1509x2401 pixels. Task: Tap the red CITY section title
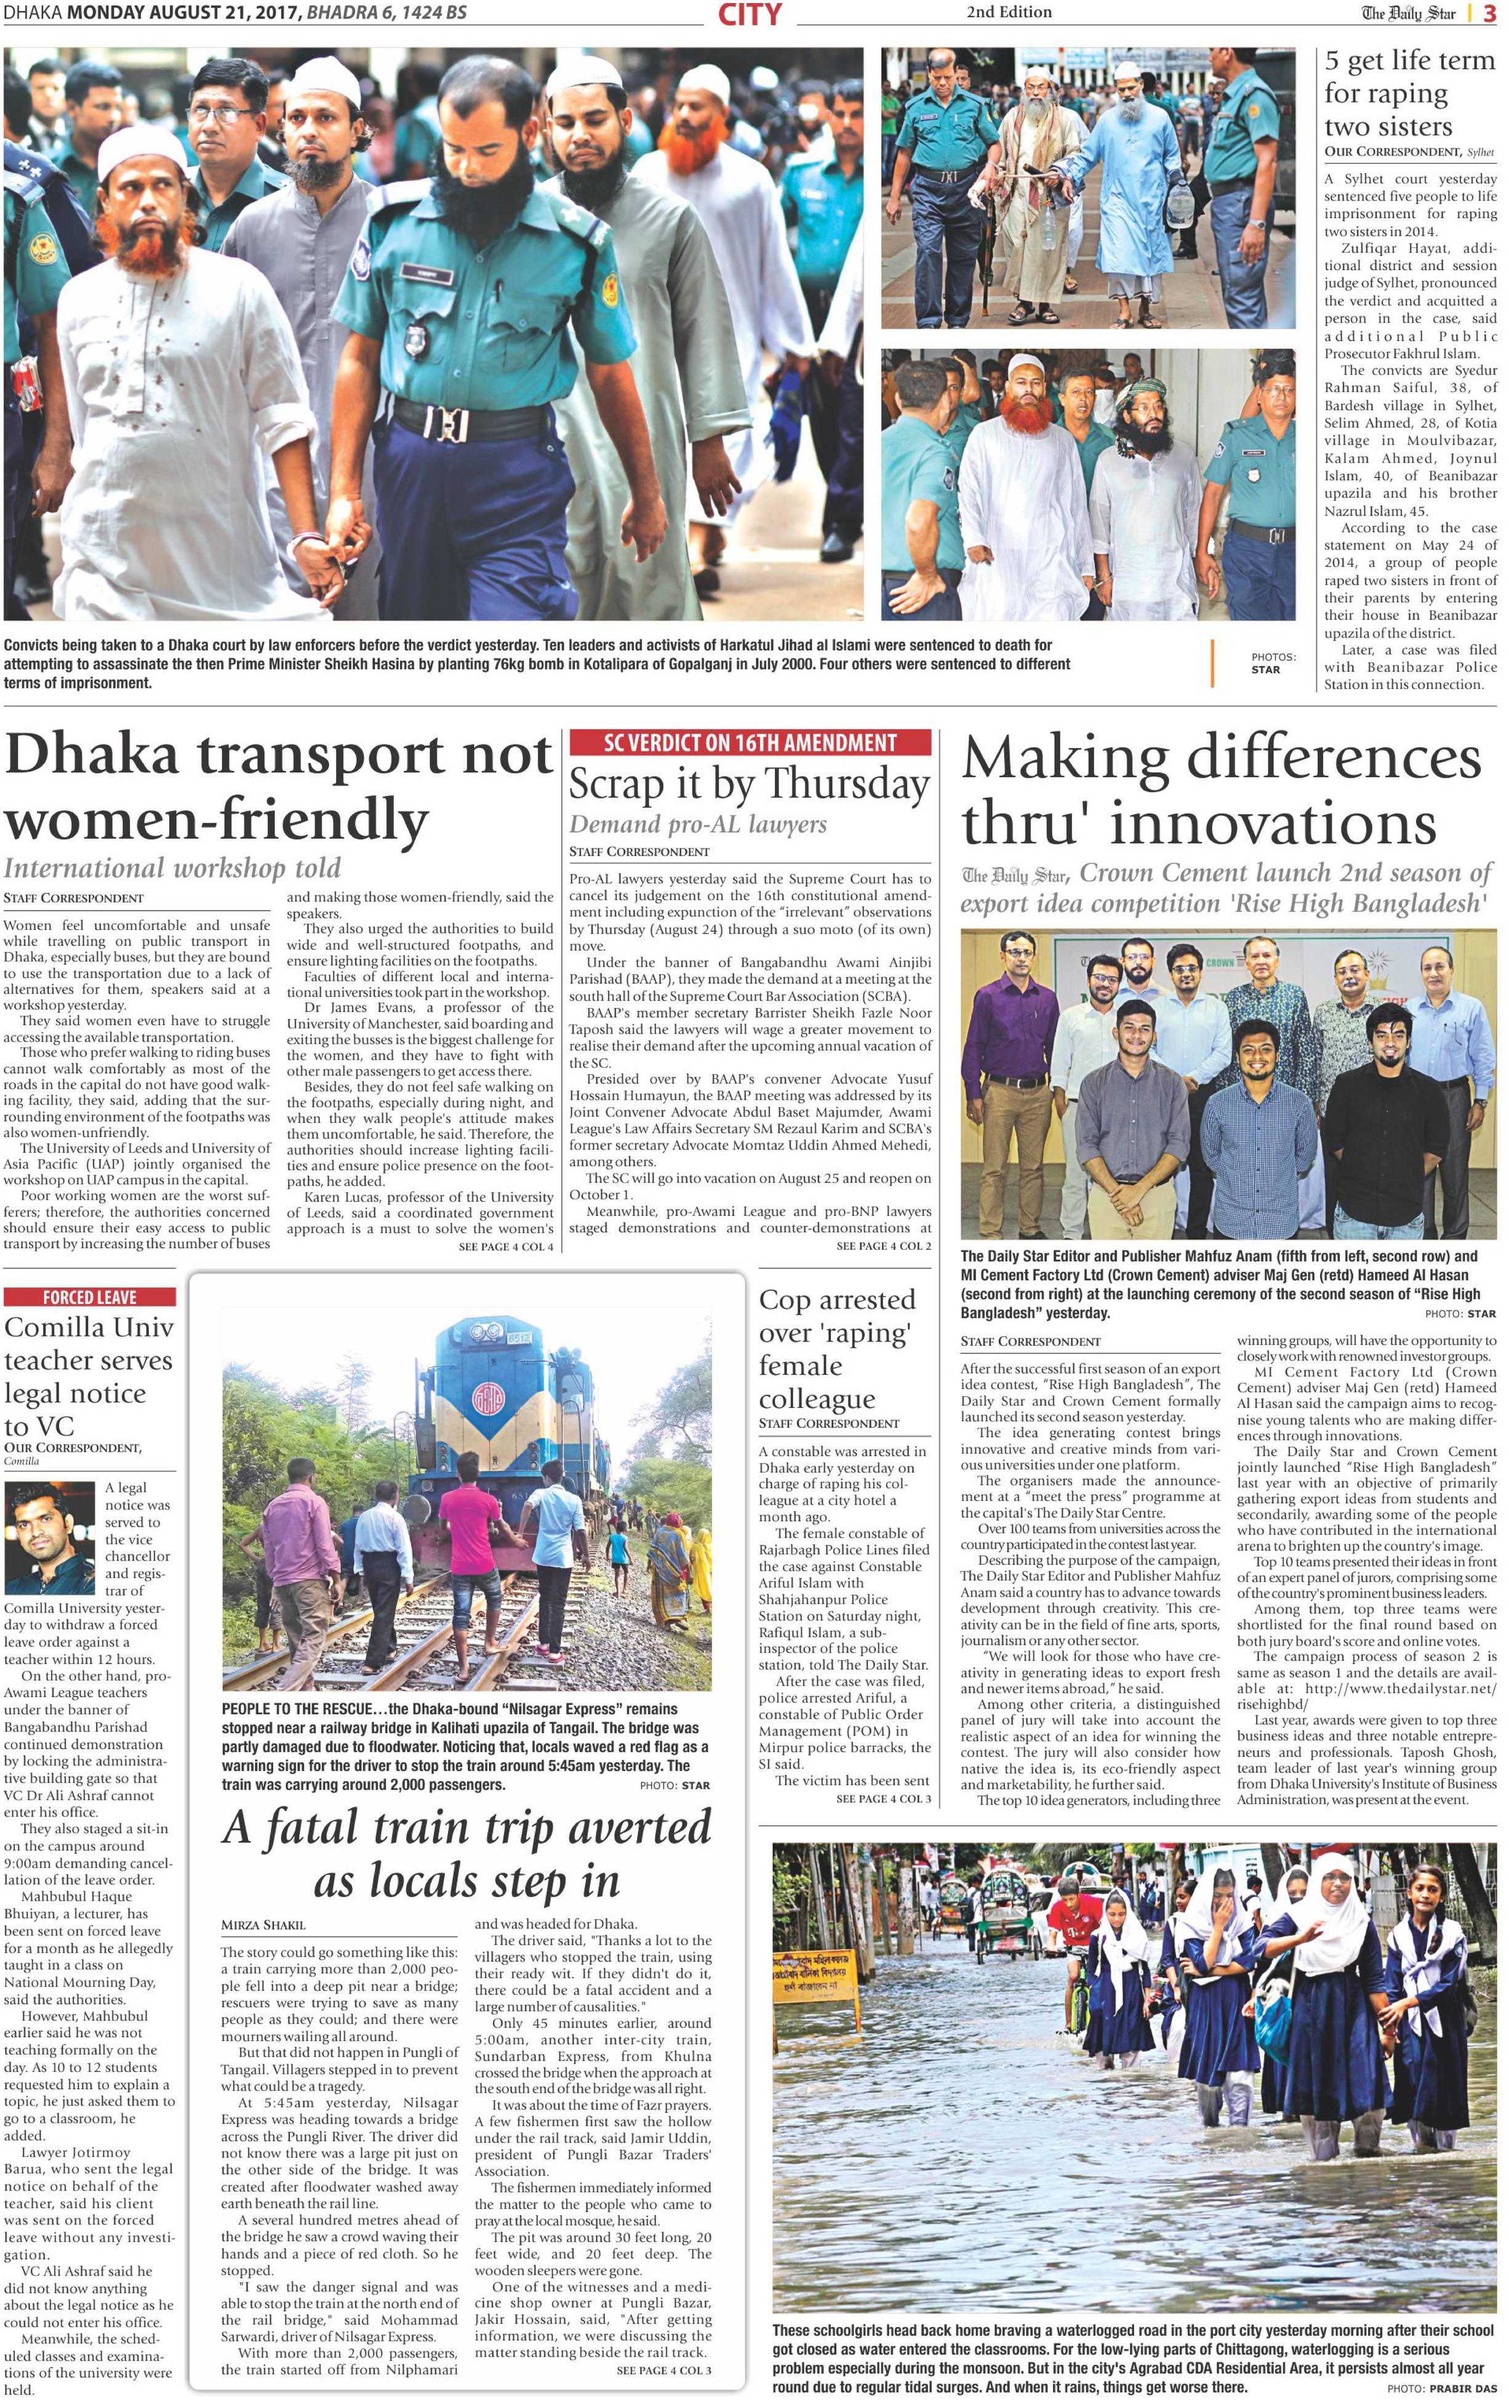(749, 14)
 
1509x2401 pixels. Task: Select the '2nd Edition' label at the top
(1008, 12)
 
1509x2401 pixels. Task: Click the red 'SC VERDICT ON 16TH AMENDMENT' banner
(750, 742)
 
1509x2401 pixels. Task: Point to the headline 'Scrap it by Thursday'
(749, 784)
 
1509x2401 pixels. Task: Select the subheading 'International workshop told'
(172, 868)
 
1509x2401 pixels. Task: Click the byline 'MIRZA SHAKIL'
(263, 1924)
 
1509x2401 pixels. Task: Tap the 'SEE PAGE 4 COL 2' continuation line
(883, 1245)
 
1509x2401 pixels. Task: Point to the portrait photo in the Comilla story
(50, 1538)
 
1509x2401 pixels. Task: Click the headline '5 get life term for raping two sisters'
(1408, 94)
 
